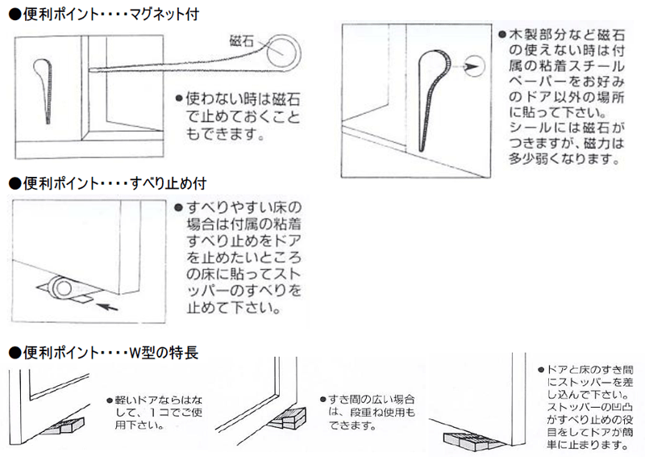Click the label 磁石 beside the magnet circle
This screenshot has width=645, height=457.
point(241,41)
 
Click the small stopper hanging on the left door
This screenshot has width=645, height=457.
point(44,91)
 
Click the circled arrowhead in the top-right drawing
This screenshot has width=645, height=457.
point(474,66)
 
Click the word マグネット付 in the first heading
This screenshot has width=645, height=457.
point(164,15)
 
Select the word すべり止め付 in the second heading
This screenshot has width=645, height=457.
point(169,183)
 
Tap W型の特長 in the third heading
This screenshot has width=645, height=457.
point(164,353)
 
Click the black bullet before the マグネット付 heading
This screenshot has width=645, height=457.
point(15,15)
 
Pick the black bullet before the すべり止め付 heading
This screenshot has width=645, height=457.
point(15,183)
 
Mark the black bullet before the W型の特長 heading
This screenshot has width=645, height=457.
point(15,353)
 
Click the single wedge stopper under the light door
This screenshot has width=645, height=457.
point(64,426)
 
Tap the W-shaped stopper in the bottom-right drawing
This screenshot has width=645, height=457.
point(474,441)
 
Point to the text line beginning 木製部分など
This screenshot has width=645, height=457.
point(562,35)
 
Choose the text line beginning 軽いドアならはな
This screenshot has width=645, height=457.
point(155,400)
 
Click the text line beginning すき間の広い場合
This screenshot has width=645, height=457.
point(368,400)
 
